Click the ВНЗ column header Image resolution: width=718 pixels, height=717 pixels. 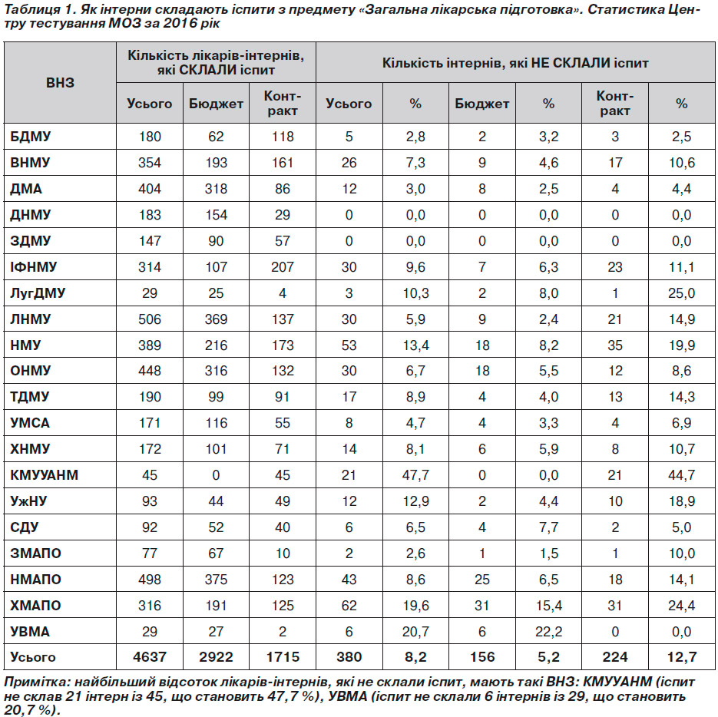coord(60,82)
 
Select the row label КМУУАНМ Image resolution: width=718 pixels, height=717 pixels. coord(44,474)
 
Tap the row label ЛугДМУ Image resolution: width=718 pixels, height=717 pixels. coord(38,293)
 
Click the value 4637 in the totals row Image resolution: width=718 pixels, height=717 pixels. coord(149,657)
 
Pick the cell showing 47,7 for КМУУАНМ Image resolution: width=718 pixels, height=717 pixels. coord(415,474)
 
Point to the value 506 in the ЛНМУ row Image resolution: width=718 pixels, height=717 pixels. coord(149,319)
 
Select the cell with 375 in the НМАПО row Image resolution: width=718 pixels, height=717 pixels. coord(216,579)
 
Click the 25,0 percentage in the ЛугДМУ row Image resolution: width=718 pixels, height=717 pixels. coord(681,293)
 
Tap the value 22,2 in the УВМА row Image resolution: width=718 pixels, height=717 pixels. coord(548,631)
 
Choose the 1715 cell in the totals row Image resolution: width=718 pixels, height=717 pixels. coord(283,657)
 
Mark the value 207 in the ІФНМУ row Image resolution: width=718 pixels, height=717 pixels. coord(283,267)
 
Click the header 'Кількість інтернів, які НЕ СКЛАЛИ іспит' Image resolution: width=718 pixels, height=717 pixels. coord(515,63)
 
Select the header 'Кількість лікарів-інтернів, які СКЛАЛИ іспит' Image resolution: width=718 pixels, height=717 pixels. coord(216,62)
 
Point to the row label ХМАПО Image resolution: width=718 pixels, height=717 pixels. coord(35,605)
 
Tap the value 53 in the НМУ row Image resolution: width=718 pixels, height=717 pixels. coord(349,345)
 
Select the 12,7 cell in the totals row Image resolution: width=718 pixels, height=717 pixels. coord(681,657)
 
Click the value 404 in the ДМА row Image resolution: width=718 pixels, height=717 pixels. coord(149,189)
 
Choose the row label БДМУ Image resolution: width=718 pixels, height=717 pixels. coord(30,137)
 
